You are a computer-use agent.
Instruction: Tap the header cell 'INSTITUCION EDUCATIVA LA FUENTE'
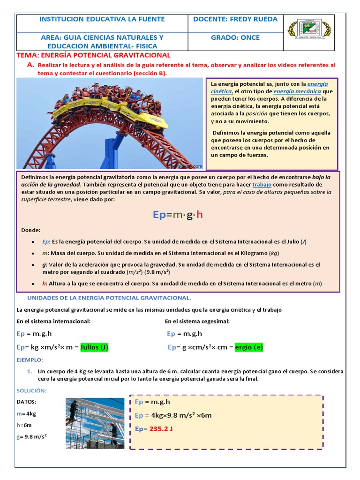(x=102, y=19)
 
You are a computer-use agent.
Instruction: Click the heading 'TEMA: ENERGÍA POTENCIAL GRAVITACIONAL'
(x=93, y=55)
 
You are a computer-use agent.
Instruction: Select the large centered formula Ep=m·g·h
(x=178, y=215)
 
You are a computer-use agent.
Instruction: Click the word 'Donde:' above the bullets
(x=31, y=230)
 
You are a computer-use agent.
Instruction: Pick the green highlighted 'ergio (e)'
(x=248, y=347)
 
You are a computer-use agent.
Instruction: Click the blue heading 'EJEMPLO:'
(x=30, y=360)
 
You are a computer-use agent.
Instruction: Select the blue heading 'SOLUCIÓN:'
(x=31, y=390)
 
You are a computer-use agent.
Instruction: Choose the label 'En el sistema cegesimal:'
(x=197, y=321)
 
